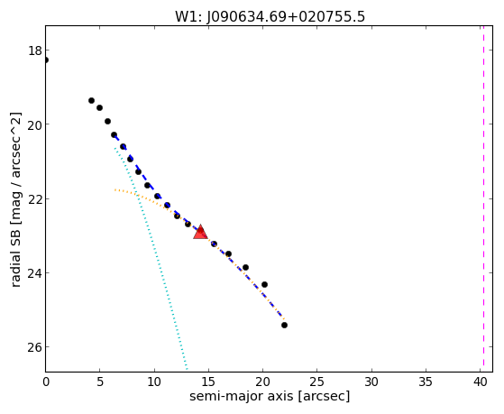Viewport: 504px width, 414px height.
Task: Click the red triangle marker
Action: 200,232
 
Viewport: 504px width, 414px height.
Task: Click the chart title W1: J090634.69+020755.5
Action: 270,16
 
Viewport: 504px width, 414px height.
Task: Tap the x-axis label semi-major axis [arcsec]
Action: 270,396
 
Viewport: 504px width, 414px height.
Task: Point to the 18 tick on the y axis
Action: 35,51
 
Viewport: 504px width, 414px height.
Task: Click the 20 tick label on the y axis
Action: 35,124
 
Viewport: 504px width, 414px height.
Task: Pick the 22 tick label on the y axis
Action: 35,199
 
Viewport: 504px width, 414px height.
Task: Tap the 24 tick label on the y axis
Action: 35,273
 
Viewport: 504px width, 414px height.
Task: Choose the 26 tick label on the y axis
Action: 35,347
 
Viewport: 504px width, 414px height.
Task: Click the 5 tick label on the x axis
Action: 100,382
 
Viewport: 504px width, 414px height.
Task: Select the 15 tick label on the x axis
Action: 208,382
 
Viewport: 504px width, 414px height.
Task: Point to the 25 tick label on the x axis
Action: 317,382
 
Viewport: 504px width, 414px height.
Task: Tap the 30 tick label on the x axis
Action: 371,382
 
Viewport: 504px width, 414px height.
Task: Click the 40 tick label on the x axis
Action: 480,382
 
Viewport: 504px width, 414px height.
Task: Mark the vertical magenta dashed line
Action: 483,198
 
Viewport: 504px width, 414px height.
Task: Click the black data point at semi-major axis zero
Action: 46,60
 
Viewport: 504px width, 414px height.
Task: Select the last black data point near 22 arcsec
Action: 284,326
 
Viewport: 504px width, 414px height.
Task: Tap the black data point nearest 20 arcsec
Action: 264,284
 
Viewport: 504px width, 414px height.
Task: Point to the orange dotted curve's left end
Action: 115,190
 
